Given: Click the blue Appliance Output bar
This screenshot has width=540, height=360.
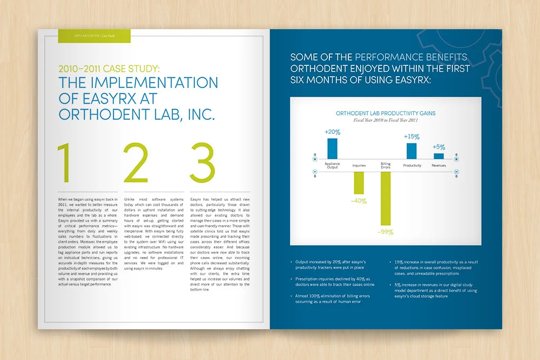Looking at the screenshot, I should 332,148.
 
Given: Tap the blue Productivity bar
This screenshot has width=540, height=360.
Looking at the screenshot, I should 411,151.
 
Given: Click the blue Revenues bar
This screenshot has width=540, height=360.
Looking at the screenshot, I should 438,156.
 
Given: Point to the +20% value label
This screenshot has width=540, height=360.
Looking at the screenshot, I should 332,132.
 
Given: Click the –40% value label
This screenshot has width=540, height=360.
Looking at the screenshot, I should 359,201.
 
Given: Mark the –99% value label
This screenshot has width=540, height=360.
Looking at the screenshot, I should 386,232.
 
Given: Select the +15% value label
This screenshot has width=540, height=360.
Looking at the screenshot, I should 411,137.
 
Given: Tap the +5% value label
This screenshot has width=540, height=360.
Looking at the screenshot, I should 438,147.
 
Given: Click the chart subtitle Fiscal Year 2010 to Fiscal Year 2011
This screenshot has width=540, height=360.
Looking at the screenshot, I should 386,120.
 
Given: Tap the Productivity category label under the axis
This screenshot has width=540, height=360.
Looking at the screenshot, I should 412,166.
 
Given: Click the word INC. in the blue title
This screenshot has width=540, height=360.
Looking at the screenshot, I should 194,114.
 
